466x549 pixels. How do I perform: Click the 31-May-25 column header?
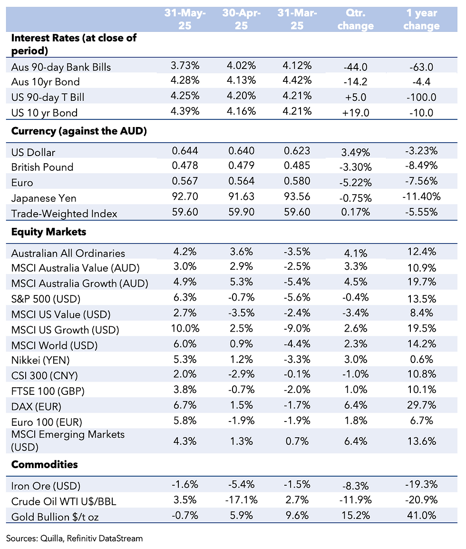pyautogui.click(x=185, y=20)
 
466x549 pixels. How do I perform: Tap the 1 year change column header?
pyautogui.click(x=421, y=20)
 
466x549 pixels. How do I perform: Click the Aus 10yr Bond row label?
pyautogui.click(x=45, y=82)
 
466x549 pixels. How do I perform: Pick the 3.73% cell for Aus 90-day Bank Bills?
pyautogui.click(x=185, y=66)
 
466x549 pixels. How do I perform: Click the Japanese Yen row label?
pyautogui.click(x=43, y=198)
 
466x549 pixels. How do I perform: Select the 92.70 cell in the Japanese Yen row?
pyautogui.click(x=185, y=196)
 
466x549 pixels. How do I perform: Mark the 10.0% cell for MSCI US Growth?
pyautogui.click(x=185, y=329)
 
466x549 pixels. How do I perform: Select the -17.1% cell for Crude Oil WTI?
pyautogui.click(x=241, y=500)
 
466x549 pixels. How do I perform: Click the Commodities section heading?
pyautogui.click(x=44, y=464)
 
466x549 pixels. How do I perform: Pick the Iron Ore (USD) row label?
pyautogui.click(x=46, y=486)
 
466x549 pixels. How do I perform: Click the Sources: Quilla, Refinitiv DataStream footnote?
pyautogui.click(x=74, y=538)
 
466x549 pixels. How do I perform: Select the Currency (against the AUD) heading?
pyautogui.click(x=78, y=131)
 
